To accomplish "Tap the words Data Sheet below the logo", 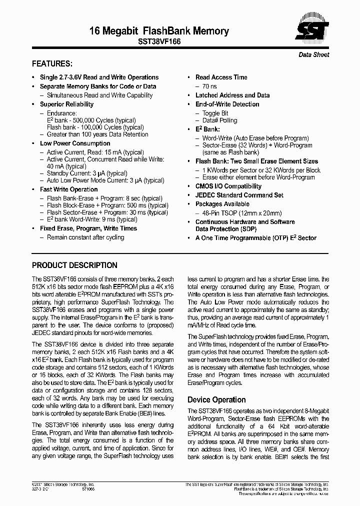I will click(x=314, y=54).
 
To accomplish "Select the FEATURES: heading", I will click(x=52, y=64).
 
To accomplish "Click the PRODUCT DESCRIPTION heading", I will click(x=74, y=265).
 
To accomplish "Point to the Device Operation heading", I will click(x=216, y=399).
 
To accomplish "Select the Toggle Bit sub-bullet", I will click(x=215, y=113).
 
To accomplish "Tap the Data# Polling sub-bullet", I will click(x=219, y=120).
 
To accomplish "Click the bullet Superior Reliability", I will click(x=66, y=104).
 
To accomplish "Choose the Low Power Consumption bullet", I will click(x=75, y=143).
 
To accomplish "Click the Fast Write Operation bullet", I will click(x=68, y=189).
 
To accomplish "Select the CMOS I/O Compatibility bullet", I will click(x=228, y=186).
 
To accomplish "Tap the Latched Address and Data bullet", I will click(x=232, y=95).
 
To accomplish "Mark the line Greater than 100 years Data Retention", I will click(x=97, y=134).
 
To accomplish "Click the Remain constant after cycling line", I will click(x=85, y=237).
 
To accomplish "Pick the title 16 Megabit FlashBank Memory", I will click(x=159, y=31).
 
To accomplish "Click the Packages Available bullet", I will click(x=222, y=204).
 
